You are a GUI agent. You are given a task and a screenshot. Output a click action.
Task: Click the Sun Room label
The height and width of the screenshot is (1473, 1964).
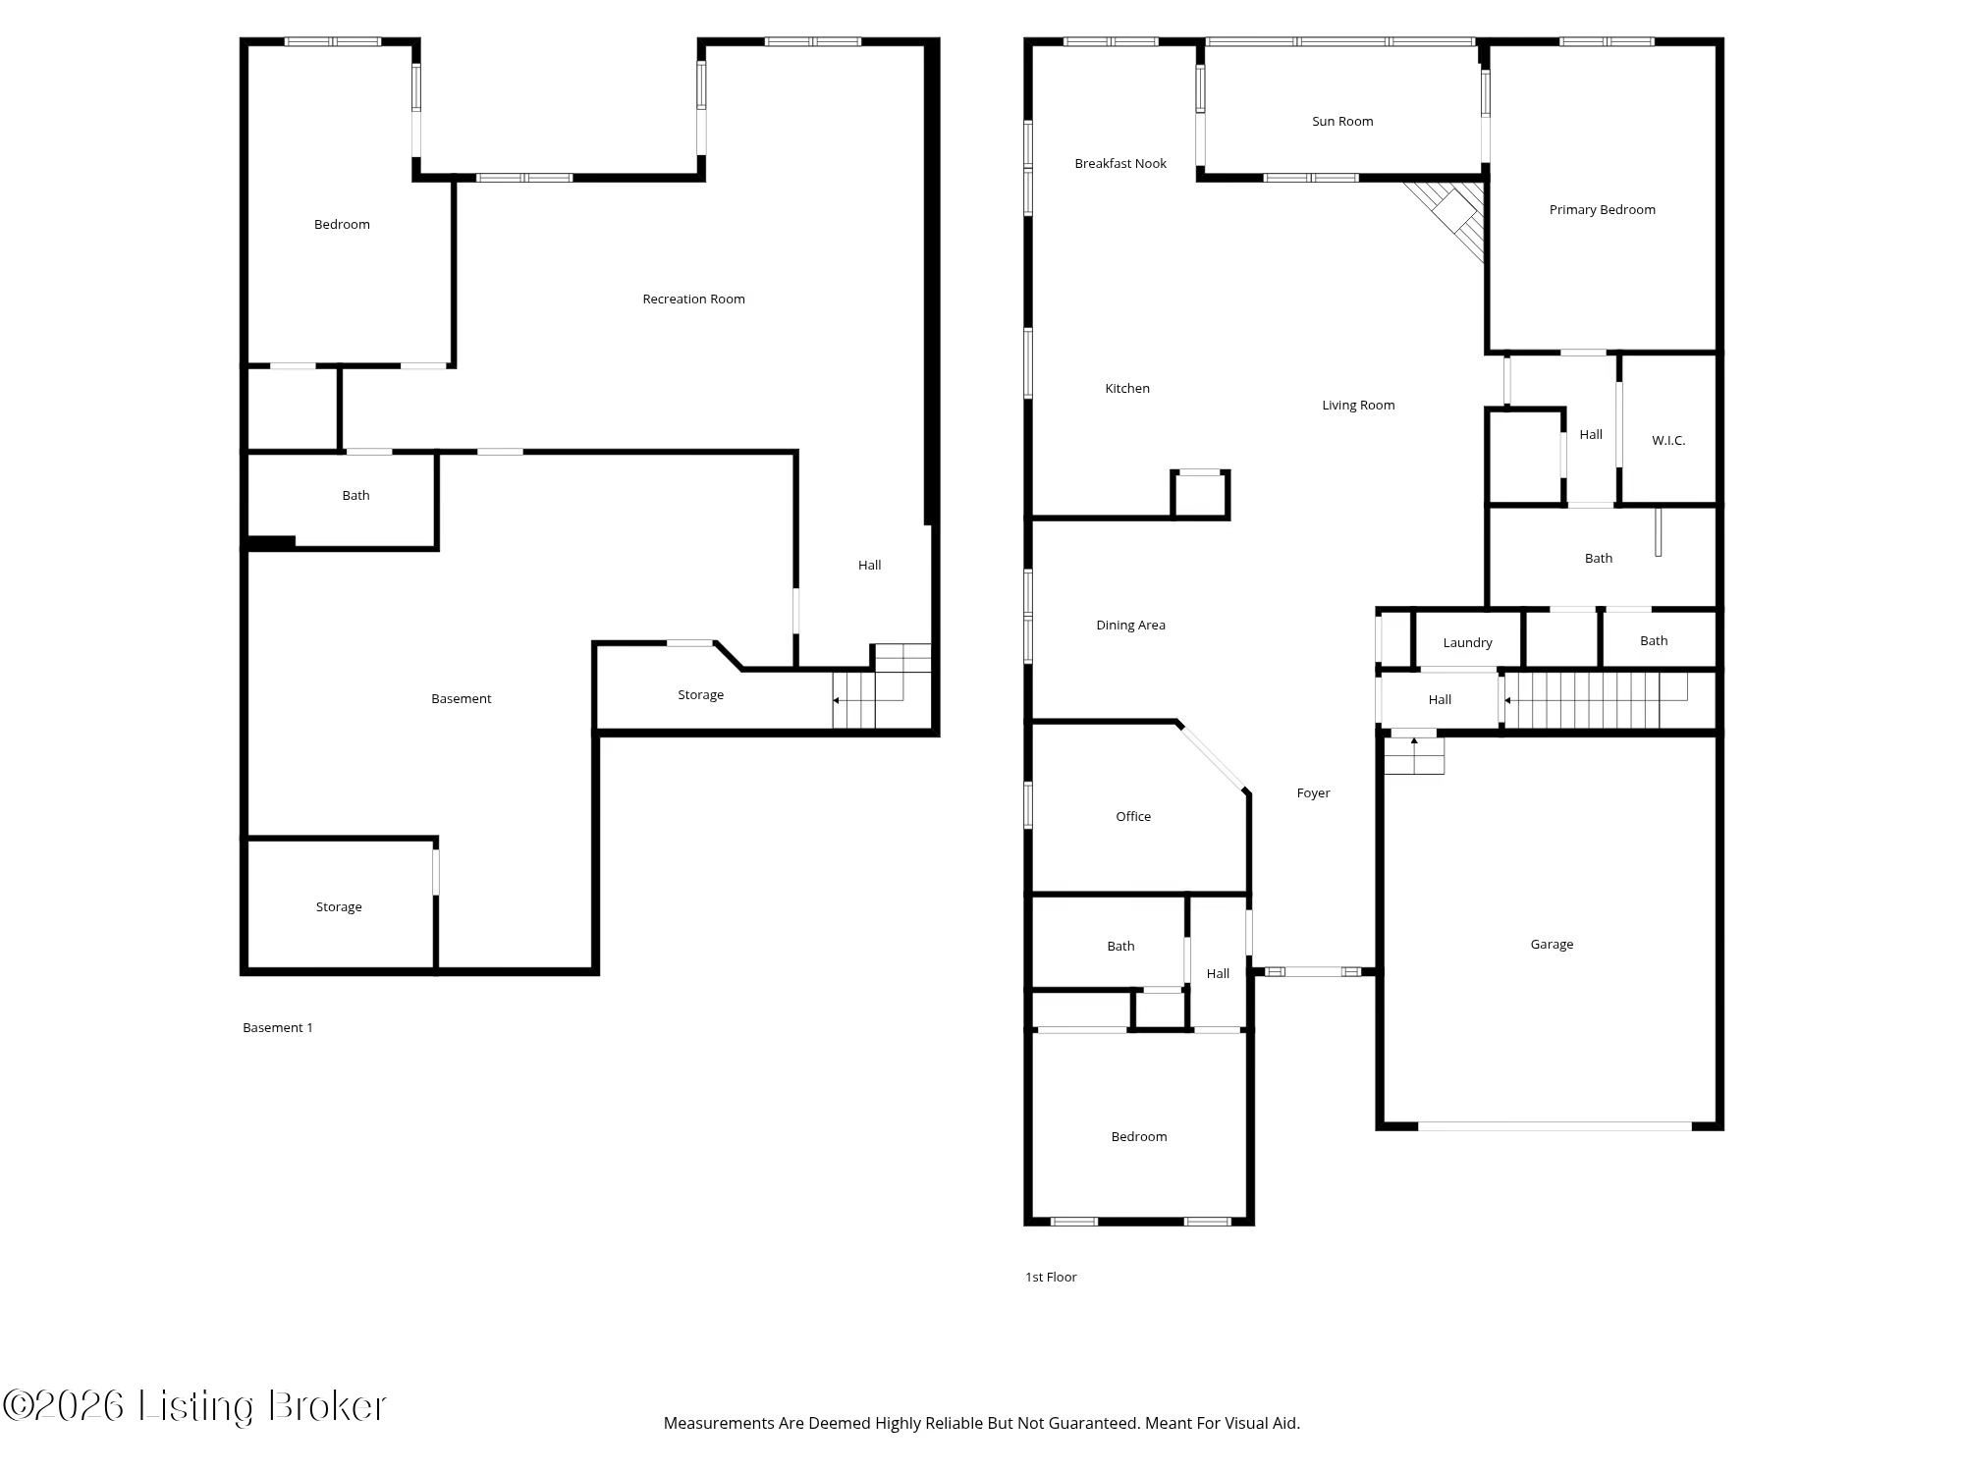click(1342, 122)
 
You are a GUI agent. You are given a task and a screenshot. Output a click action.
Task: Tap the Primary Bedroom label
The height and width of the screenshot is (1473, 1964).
click(1602, 210)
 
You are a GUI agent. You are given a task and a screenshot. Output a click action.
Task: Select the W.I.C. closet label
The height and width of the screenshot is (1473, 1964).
click(1667, 441)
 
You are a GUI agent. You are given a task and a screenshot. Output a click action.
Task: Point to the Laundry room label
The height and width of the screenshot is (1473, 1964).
click(1467, 643)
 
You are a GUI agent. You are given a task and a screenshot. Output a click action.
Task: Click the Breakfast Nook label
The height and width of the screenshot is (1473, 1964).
click(1119, 164)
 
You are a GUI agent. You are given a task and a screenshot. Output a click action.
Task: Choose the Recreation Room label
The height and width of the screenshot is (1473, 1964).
click(693, 300)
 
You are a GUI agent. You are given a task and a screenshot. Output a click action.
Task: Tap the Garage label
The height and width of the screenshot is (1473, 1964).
click(1551, 945)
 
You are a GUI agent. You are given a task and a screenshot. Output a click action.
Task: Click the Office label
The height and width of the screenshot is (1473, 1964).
click(1132, 817)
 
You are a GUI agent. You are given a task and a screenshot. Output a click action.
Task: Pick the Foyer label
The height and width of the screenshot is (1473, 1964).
click(1312, 793)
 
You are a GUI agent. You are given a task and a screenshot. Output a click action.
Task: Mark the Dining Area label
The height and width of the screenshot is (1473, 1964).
click(1130, 626)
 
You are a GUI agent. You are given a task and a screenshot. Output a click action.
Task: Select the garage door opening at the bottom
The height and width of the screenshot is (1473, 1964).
click(1555, 1126)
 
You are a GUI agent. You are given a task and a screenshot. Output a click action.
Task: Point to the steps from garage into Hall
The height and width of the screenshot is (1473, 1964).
click(1414, 755)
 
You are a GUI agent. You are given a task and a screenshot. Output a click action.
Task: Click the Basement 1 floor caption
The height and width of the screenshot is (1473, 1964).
click(278, 1028)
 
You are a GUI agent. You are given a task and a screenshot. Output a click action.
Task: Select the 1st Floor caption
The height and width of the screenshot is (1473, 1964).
click(1051, 1278)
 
